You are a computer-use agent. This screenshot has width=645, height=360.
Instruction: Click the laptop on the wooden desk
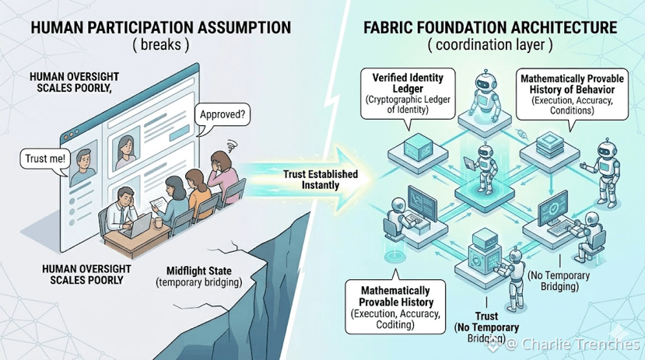point(136,225)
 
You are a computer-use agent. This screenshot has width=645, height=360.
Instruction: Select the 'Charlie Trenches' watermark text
point(578,343)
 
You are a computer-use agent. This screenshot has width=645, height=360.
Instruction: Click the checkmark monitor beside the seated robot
point(556,210)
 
